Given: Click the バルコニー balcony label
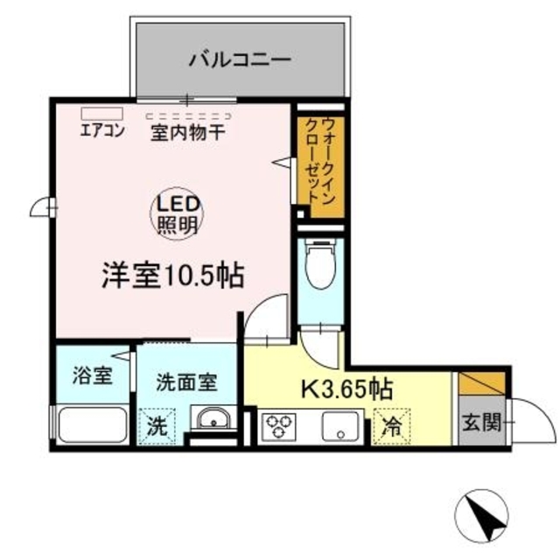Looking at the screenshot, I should click(x=239, y=60).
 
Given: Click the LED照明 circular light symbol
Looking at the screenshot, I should click(x=179, y=213).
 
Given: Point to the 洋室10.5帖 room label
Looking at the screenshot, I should click(x=171, y=276).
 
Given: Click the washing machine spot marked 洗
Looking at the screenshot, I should click(x=157, y=427).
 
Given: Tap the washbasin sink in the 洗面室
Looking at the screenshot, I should click(x=212, y=421).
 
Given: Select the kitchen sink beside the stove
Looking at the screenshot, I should click(x=339, y=427).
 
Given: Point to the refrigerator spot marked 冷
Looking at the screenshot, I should click(x=393, y=427).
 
